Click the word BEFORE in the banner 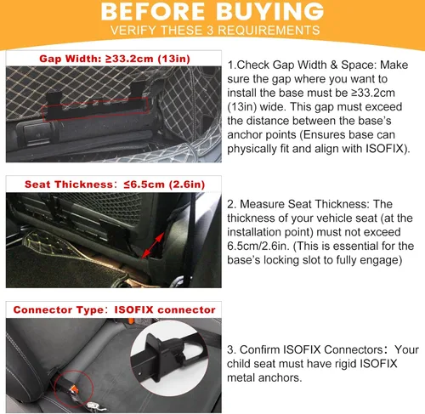click(x=153, y=11)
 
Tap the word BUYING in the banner click(x=269, y=11)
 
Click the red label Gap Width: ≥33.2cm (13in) click(x=115, y=59)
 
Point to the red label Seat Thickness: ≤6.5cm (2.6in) click(x=115, y=184)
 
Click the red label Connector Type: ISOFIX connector click(x=114, y=309)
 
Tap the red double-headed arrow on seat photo click(x=153, y=246)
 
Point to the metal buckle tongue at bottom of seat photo click(x=95, y=407)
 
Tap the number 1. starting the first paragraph click(x=232, y=65)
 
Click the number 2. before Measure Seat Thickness click(x=232, y=204)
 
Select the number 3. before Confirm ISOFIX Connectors click(x=232, y=349)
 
